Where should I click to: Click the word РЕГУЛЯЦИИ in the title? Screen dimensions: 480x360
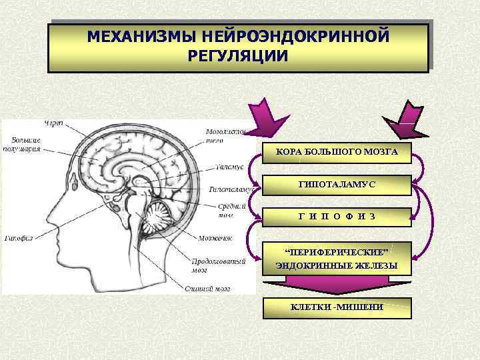coord(239,54)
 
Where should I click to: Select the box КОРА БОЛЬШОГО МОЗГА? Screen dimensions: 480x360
coord(336,152)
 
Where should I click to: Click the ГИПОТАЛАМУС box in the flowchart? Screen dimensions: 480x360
coord(336,184)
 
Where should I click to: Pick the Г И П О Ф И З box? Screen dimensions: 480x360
coord(336,216)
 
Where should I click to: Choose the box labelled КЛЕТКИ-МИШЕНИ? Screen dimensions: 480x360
coord(336,307)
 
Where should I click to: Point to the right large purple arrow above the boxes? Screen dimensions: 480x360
coord(408,118)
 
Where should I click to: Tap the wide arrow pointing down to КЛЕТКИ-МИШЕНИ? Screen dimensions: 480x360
coord(336,285)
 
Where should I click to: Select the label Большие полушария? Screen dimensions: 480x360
coord(26,145)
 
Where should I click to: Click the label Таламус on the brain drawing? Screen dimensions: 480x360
coord(229,166)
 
